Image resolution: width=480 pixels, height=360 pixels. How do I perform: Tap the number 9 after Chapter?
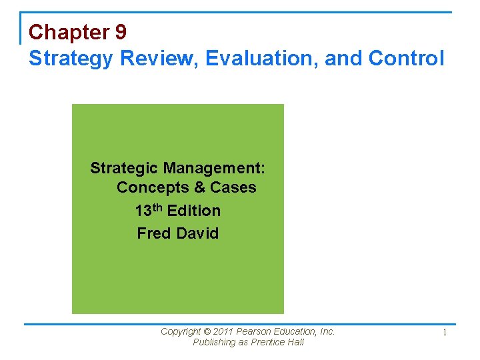pos(120,32)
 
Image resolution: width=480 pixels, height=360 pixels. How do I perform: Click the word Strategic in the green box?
pos(124,167)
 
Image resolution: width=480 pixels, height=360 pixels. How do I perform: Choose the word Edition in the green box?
pos(194,211)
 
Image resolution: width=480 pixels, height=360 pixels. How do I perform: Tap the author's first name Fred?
pos(152,233)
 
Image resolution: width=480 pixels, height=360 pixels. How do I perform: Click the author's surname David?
pos(197,233)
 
